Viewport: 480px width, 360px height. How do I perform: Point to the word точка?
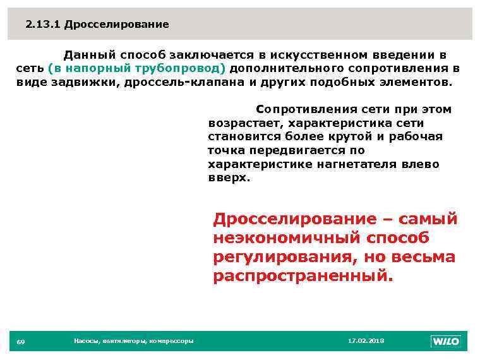tap(226, 150)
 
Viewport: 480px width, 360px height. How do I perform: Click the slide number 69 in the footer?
tap(20, 342)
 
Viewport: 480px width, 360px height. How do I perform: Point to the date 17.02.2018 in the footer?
tap(366, 341)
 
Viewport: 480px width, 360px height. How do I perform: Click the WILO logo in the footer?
tap(446, 342)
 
